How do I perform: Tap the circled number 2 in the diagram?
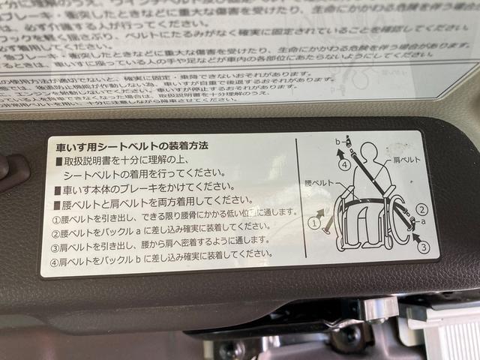point(421,209)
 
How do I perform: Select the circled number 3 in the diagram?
point(423,247)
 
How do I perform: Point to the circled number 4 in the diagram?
point(344,164)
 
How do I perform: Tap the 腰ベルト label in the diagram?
point(319,183)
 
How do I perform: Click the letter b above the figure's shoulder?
point(338,141)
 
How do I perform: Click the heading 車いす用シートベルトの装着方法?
point(128,145)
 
